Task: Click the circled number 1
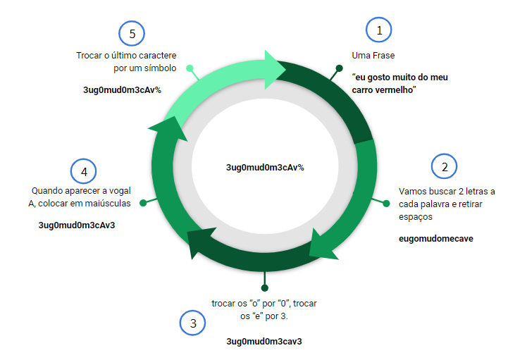point(379,30)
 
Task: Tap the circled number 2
point(445,166)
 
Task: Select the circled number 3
point(192,323)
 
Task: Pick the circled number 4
point(83,171)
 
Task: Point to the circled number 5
point(132,34)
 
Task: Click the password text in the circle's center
point(265,168)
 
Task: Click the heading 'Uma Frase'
point(373,56)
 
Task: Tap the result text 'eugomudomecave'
point(436,239)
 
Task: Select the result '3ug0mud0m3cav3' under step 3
point(264,342)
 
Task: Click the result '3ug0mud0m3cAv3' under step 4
point(77,225)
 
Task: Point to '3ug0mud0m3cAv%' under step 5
point(123,90)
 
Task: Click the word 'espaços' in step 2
point(416,217)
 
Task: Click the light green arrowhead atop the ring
point(274,70)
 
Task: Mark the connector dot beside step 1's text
point(339,68)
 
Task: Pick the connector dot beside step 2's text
point(386,204)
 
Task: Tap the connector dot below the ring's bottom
point(264,287)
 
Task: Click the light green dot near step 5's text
point(190,68)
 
